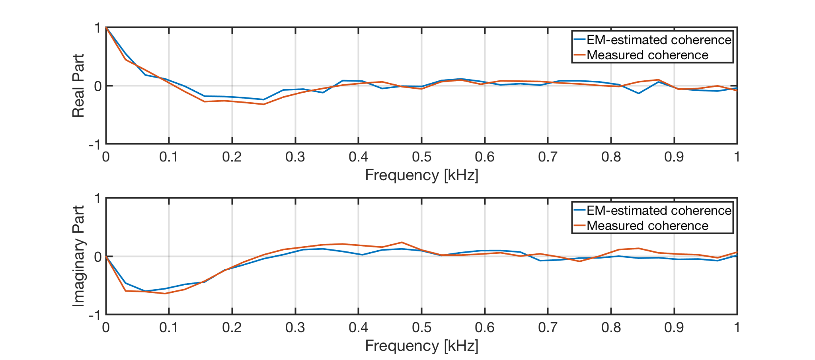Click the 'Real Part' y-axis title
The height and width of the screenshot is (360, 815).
click(78, 86)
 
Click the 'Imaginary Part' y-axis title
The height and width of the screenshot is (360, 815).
click(78, 256)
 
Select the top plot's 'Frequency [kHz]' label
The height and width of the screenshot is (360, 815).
click(421, 175)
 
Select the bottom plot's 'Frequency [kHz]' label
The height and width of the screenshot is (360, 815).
click(421, 346)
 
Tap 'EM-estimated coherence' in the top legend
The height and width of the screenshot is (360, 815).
click(659, 40)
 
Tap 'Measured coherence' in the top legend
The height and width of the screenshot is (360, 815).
click(647, 55)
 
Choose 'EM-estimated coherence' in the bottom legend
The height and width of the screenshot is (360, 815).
click(659, 210)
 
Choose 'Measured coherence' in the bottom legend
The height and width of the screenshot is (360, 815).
click(647, 226)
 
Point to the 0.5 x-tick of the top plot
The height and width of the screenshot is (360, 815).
click(421, 157)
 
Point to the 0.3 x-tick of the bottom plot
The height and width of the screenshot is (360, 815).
click(295, 327)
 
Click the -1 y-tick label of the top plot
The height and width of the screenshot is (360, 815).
click(95, 145)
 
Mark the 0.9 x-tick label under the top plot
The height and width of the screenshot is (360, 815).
click(674, 157)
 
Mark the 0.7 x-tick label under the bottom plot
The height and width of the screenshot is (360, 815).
click(548, 327)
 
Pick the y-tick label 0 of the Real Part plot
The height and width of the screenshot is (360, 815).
click(97, 86)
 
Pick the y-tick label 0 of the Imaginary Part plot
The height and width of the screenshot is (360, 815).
click(97, 257)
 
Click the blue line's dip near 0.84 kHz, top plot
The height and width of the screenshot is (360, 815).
click(639, 93)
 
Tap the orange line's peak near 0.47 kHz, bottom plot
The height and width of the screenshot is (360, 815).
click(402, 242)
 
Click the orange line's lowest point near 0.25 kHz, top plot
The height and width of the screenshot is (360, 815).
click(263, 104)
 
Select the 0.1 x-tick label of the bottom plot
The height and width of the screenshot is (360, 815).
click(169, 327)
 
